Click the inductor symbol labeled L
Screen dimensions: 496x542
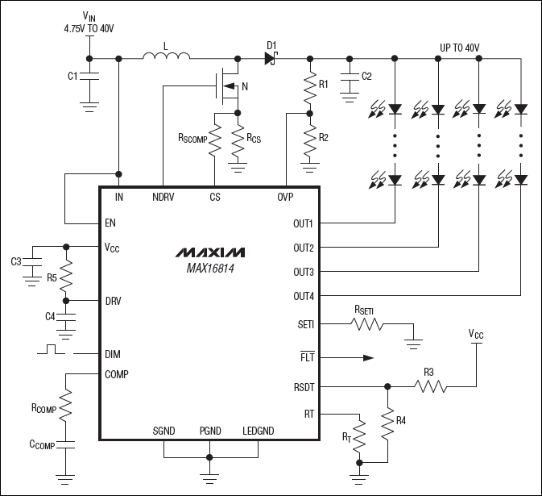[166, 56]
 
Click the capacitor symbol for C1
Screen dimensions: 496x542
[89, 77]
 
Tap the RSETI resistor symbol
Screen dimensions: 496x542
[367, 325]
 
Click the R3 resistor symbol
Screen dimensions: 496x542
[430, 386]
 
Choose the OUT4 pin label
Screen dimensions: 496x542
[304, 296]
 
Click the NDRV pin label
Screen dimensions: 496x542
[163, 196]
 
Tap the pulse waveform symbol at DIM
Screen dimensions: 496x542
[53, 351]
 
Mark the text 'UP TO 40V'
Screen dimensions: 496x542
[459, 48]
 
